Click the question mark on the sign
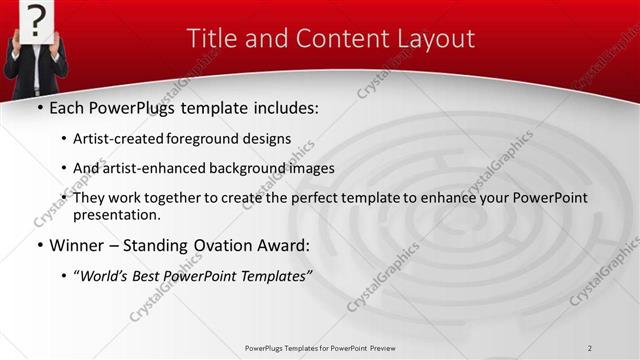[36, 18]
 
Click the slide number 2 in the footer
[590, 348]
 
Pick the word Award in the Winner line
[285, 245]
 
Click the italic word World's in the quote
[106, 275]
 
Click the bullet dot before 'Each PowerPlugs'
[39, 106]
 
